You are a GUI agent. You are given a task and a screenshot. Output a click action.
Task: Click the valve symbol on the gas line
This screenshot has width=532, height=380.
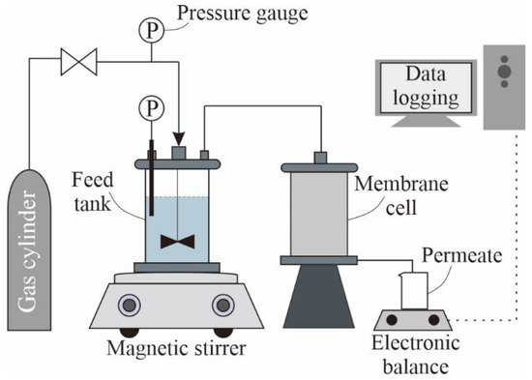(x=76, y=64)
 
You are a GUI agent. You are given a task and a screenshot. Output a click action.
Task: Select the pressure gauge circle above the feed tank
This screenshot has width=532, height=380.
(x=150, y=104)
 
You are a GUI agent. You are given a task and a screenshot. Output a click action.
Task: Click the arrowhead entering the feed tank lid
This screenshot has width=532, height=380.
(x=178, y=142)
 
